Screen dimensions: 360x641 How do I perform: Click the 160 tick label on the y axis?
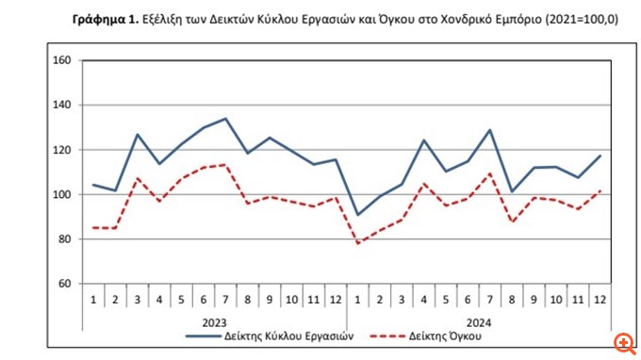63,61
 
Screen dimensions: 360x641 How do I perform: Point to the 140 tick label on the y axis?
63,106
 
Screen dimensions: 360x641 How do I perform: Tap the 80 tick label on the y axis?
65,239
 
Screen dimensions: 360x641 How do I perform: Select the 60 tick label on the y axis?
65,284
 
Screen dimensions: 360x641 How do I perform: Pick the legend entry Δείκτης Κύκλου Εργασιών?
271,335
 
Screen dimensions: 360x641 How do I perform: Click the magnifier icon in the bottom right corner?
623,342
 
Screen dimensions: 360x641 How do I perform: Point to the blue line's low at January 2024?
357,215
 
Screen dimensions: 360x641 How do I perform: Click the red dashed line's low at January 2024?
357,243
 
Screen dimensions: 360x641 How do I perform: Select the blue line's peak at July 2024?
490,130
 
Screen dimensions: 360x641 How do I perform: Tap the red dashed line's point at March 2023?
138,177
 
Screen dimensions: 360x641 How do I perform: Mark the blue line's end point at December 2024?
601,156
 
